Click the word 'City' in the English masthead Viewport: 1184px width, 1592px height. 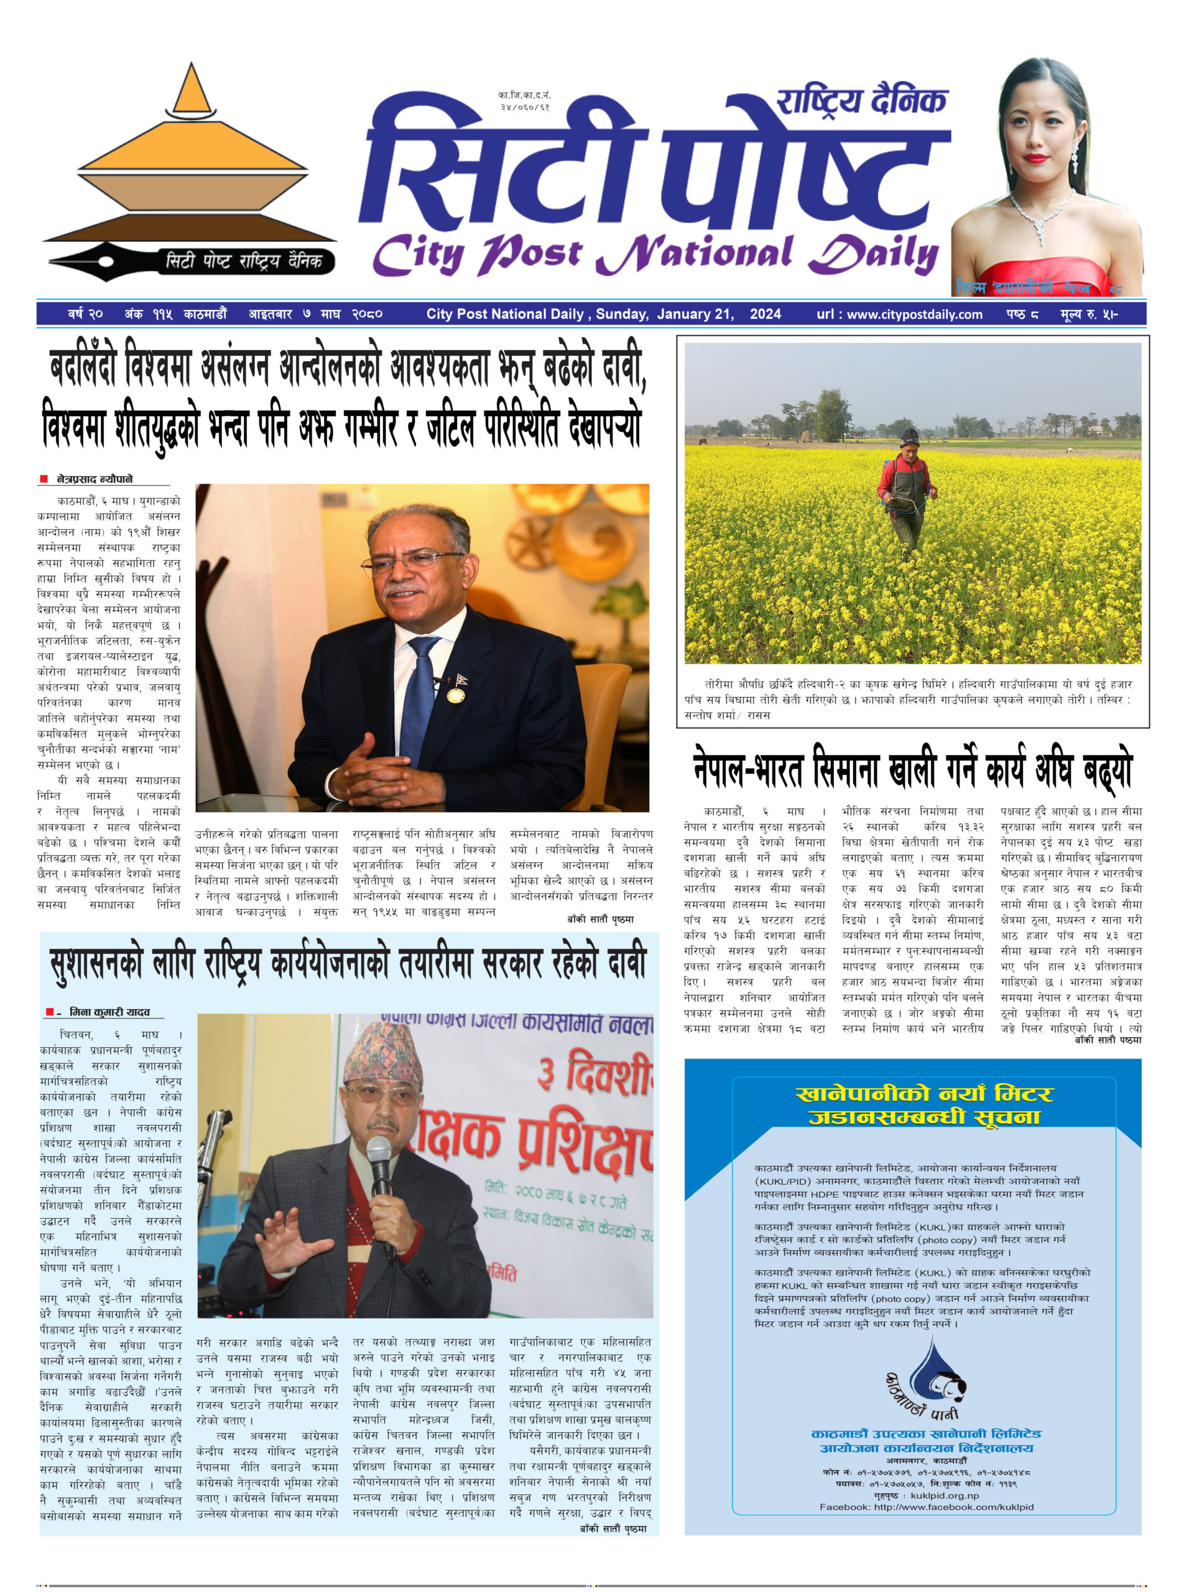(415, 256)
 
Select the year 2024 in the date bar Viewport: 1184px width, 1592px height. (765, 314)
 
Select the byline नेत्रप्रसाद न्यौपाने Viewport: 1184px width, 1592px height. (95, 479)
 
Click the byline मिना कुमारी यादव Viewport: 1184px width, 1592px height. (109, 1012)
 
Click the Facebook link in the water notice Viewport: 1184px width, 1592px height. (926, 1507)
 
